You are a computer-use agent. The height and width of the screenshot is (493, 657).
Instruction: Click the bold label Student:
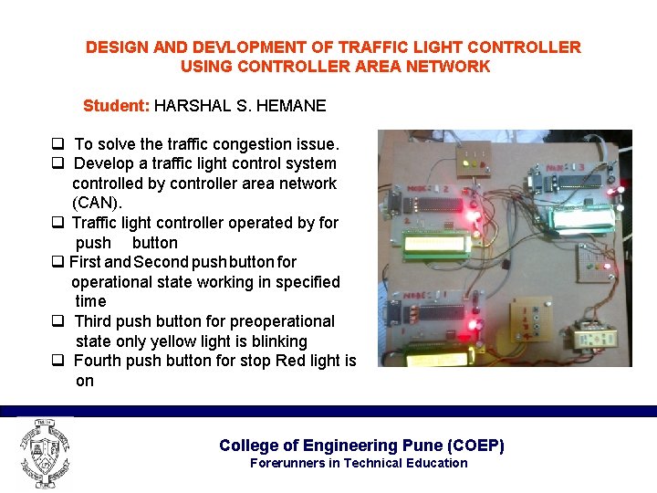(116, 106)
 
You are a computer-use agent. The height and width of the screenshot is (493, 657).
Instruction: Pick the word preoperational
(282, 321)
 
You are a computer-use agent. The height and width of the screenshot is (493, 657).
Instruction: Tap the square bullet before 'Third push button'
(57, 321)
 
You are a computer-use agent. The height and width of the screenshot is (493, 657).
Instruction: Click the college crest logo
(43, 452)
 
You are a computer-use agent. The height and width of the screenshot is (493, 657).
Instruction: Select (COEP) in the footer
(475, 446)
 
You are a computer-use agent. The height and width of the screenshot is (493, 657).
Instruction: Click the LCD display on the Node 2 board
(435, 243)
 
